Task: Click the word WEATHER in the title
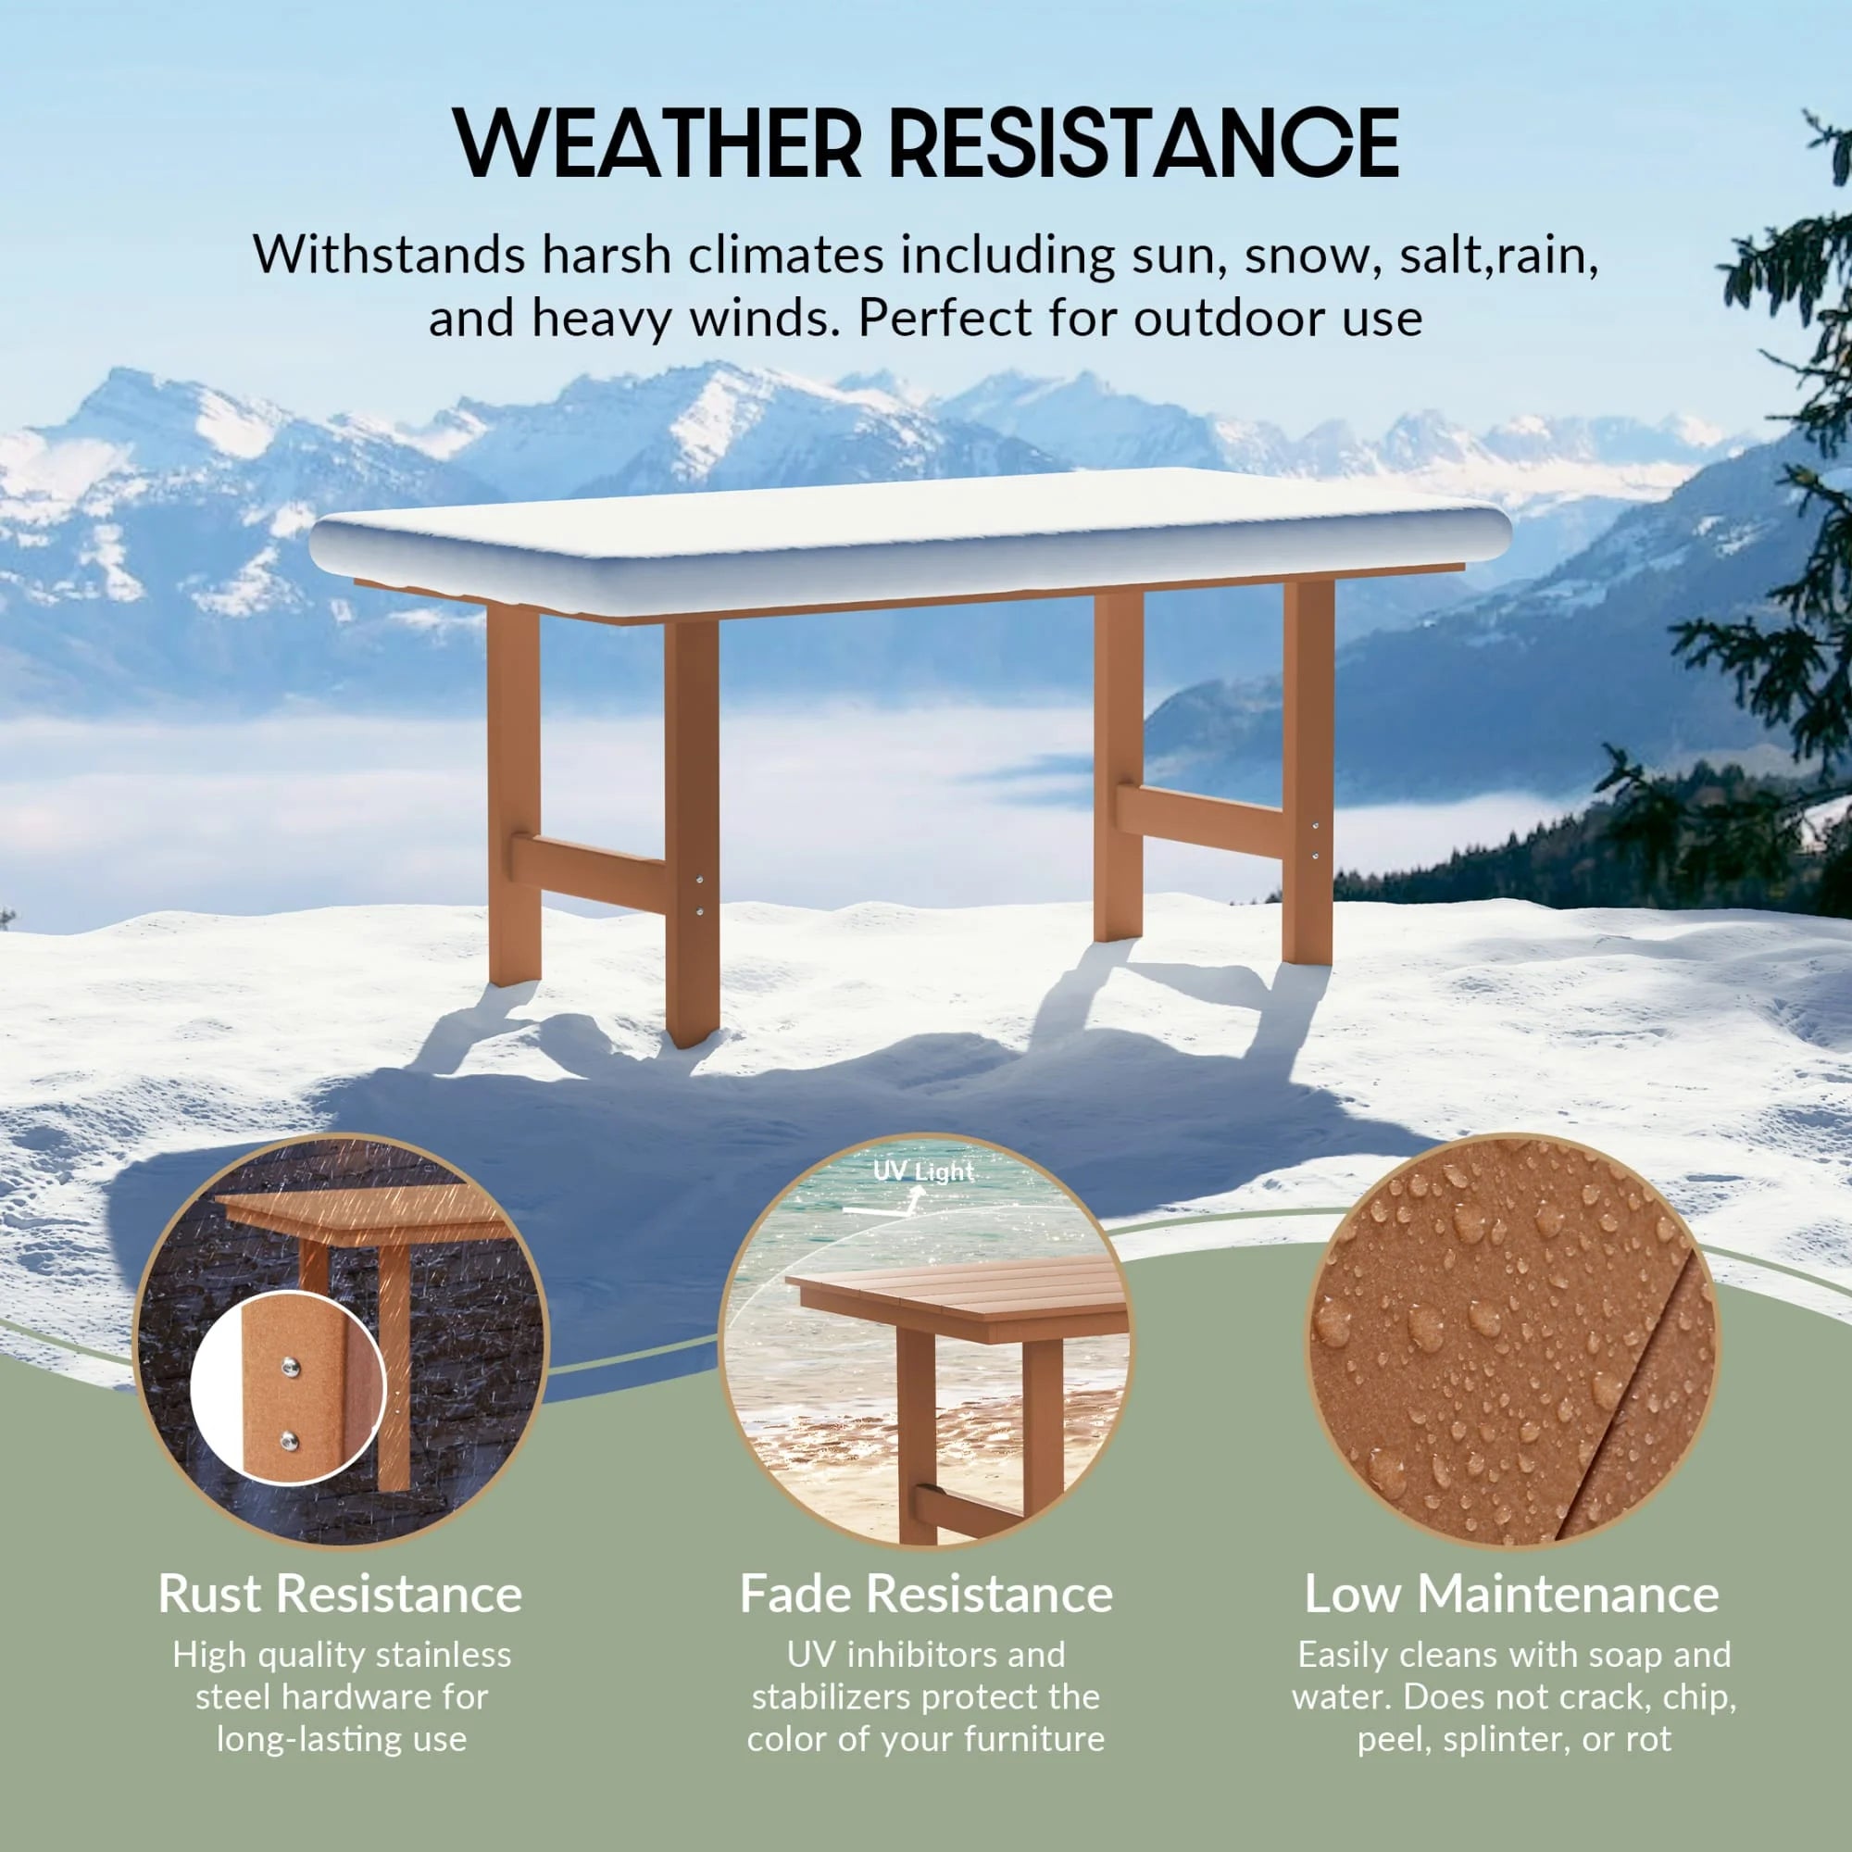click(x=657, y=143)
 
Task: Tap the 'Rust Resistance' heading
click(x=340, y=1595)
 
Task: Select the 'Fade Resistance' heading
click(x=926, y=1595)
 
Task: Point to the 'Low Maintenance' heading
click(x=1512, y=1595)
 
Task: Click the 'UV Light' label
click(x=923, y=1171)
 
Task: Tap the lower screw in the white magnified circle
click(x=288, y=1440)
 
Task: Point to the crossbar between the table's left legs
click(x=589, y=870)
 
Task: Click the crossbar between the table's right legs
click(x=1200, y=821)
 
